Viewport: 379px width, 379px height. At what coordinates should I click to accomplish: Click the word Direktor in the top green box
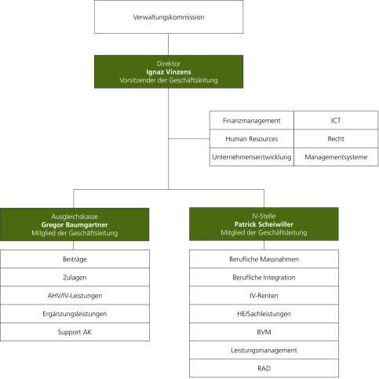pos(168,63)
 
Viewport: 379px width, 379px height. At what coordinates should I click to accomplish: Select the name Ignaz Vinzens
pos(168,71)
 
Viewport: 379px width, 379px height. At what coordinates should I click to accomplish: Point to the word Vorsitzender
pos(137,80)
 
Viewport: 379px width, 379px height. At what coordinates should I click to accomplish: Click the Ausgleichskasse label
pos(75,216)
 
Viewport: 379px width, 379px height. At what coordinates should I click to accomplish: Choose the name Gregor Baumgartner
pos(75,224)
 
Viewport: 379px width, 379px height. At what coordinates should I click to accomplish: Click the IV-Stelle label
pos(264,216)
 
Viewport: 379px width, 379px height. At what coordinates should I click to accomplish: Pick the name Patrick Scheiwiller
pos(264,224)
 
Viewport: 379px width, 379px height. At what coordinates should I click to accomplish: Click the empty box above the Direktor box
pos(168,17)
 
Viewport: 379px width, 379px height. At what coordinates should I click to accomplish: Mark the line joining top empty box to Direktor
pos(168,45)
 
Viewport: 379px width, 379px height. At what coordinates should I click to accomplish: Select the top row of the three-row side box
pos(293,120)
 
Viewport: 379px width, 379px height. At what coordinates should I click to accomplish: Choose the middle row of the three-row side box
pos(293,138)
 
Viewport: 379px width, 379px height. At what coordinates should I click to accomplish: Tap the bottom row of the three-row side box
pos(293,156)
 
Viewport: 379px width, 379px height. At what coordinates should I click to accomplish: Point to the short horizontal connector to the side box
pos(188,138)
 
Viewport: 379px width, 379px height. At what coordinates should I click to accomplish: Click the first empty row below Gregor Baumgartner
pos(75,259)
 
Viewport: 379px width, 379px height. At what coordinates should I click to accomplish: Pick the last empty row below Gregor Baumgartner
pos(75,332)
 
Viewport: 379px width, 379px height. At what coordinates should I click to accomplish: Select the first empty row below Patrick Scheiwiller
pos(264,259)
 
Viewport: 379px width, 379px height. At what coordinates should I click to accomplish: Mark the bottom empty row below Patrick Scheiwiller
pos(264,368)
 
